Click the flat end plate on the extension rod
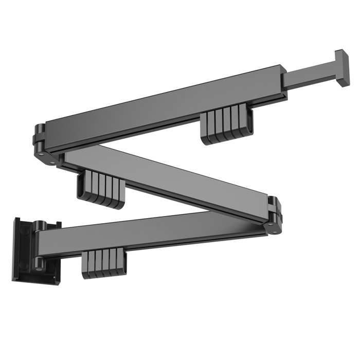coord(342,68)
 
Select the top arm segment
coord(165,103)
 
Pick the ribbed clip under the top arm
coord(227,127)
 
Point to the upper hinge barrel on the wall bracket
coord(40,227)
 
